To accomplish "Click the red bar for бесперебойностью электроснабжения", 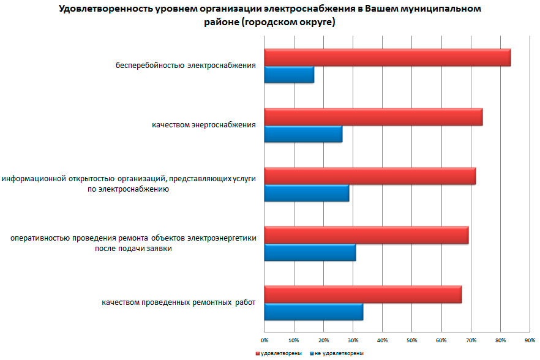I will coord(387,58).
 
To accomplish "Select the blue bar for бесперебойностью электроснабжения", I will coord(289,75).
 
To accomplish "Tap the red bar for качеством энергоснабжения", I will coord(373,117).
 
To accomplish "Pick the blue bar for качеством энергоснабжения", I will coord(303,133).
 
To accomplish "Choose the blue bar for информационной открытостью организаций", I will coord(306,193).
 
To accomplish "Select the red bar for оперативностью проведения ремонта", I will coord(366,235).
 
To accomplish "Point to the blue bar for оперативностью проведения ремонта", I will coord(310,252).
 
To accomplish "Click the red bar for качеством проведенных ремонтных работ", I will coord(362,294).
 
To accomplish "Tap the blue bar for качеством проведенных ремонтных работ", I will coord(313,312).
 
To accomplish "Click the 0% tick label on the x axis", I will coord(264,339).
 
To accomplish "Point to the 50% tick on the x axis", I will coord(412,339).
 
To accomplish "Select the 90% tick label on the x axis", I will coord(530,339).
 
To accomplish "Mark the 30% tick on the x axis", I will coord(353,339).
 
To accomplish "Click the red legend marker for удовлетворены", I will coord(258,353).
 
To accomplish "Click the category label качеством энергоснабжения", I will coord(203,126).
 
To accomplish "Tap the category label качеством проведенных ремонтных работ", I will coord(178,302).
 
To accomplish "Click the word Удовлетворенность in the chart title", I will coord(102,9).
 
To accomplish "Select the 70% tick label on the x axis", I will coord(471,339).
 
